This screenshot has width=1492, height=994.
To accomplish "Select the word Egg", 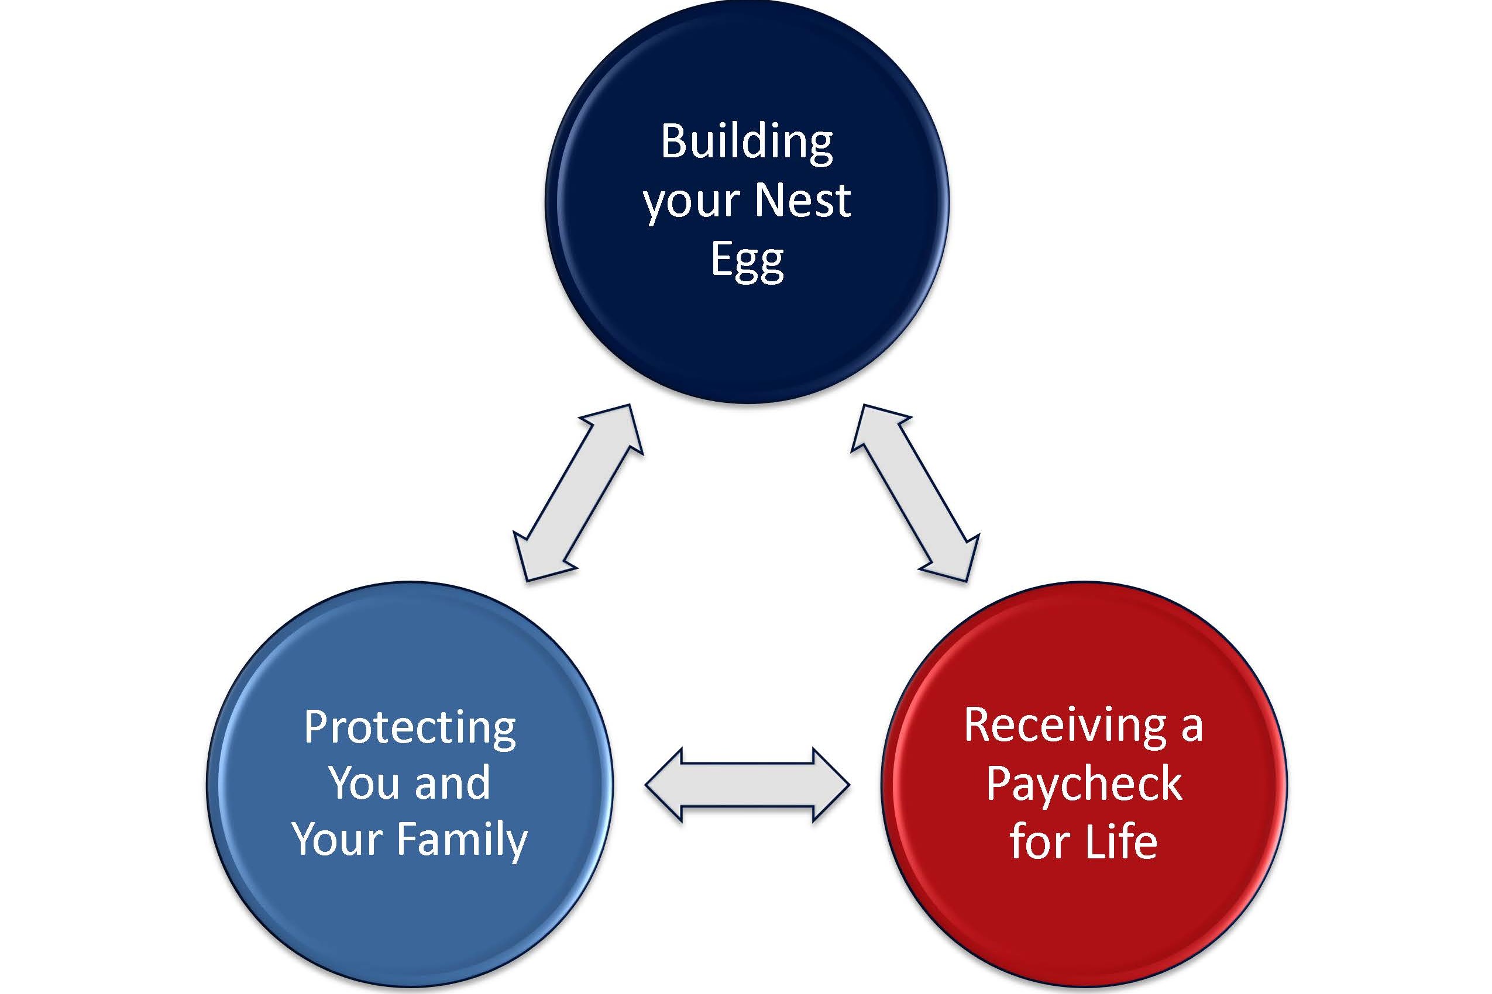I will tap(747, 260).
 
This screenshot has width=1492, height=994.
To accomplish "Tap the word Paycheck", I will tap(1084, 784).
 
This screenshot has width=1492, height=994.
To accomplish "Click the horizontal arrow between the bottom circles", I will tap(747, 785).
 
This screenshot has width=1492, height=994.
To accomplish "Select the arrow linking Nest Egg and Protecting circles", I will tap(578, 492).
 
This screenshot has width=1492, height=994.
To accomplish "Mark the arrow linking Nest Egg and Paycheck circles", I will tap(915, 492).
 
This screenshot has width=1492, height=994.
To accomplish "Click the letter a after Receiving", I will tap(1192, 727).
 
